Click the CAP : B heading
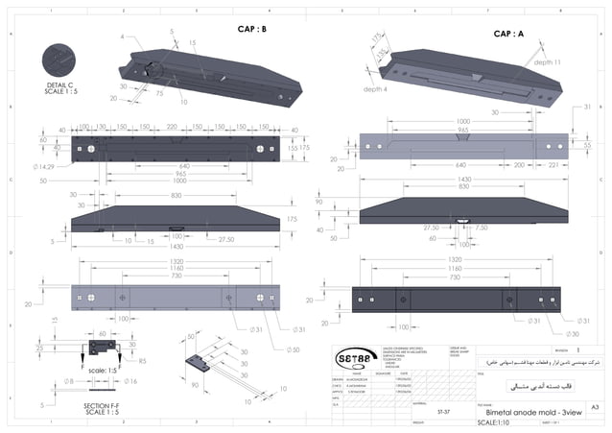tap(252, 30)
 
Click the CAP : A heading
tap(508, 34)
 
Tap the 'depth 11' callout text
tap(548, 61)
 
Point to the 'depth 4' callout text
tap(376, 89)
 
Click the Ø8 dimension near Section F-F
tap(70, 381)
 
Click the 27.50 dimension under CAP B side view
tap(226, 239)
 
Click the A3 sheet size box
tap(595, 408)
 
